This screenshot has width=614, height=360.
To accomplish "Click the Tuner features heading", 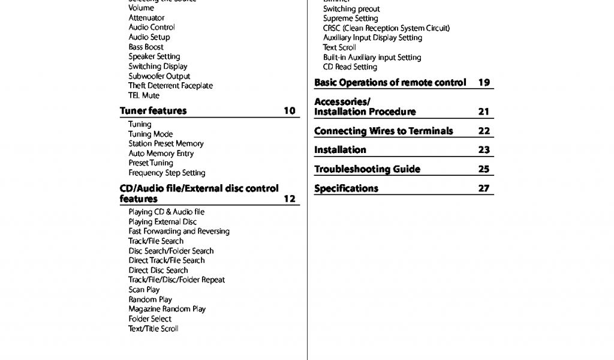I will coord(153,111).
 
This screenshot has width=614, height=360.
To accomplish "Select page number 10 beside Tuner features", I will coord(290,111).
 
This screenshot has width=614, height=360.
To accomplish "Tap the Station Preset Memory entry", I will coord(166,144).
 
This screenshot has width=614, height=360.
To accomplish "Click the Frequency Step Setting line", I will coord(167,173).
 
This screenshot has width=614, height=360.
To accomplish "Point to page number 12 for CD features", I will coord(290,199).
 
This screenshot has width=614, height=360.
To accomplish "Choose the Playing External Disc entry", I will coord(162,222).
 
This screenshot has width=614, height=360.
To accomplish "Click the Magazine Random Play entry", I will coord(167,309).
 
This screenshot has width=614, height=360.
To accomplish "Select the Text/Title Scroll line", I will coord(153,329).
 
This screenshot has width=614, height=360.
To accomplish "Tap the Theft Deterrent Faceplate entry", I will coord(170,86).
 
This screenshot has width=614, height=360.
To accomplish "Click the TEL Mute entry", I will coord(144,95).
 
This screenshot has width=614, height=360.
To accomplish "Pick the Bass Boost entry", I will coord(146,47).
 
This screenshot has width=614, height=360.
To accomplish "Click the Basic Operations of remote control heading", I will coord(390,83).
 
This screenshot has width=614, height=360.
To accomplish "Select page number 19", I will coord(484,83).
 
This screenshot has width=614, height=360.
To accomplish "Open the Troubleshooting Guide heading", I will coord(367,169).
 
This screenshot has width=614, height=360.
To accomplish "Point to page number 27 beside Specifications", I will coord(484,188).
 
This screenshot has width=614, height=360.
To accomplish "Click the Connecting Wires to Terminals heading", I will coord(384,131).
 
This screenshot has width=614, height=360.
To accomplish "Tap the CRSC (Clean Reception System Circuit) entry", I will coord(386,28).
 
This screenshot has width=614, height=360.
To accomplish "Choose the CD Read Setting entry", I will coord(350,67).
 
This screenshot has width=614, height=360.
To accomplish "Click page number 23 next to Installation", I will coord(484,150).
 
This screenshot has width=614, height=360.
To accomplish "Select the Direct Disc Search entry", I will coord(158,271).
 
